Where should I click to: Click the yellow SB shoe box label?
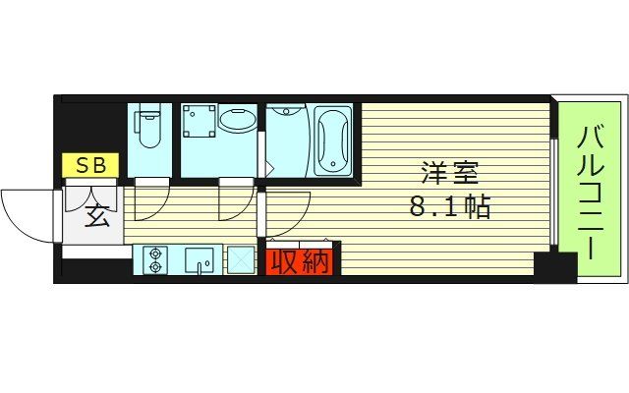[91, 165]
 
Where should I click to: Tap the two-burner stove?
[155, 260]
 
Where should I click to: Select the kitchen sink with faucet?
[201, 261]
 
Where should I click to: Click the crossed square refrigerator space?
[240, 260]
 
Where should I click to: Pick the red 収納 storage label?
[300, 262]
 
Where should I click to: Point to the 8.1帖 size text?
[451, 208]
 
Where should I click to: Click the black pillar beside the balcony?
[554, 267]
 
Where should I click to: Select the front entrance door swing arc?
[29, 211]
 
